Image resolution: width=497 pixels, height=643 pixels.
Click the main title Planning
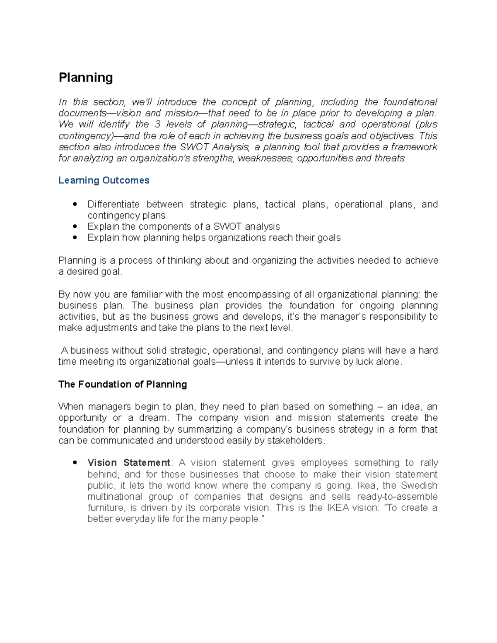click(86, 78)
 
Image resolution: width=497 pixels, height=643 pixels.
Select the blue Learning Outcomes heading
click(104, 181)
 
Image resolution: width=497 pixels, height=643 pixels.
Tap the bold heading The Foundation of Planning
click(123, 384)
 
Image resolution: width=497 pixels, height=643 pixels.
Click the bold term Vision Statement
click(129, 463)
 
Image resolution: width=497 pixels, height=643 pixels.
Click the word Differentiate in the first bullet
click(113, 205)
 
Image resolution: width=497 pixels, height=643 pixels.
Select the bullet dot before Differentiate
click(75, 204)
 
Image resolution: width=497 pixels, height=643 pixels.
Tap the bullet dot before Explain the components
click(75, 226)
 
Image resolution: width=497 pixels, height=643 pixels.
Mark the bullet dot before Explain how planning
click(75, 238)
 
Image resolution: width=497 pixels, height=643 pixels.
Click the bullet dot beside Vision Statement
click(75, 463)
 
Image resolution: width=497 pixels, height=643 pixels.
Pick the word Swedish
click(419, 485)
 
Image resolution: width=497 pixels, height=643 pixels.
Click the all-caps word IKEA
click(338, 508)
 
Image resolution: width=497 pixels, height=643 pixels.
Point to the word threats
click(390, 158)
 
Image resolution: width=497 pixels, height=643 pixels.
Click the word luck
click(364, 362)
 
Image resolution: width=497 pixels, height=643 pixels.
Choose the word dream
click(153, 418)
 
